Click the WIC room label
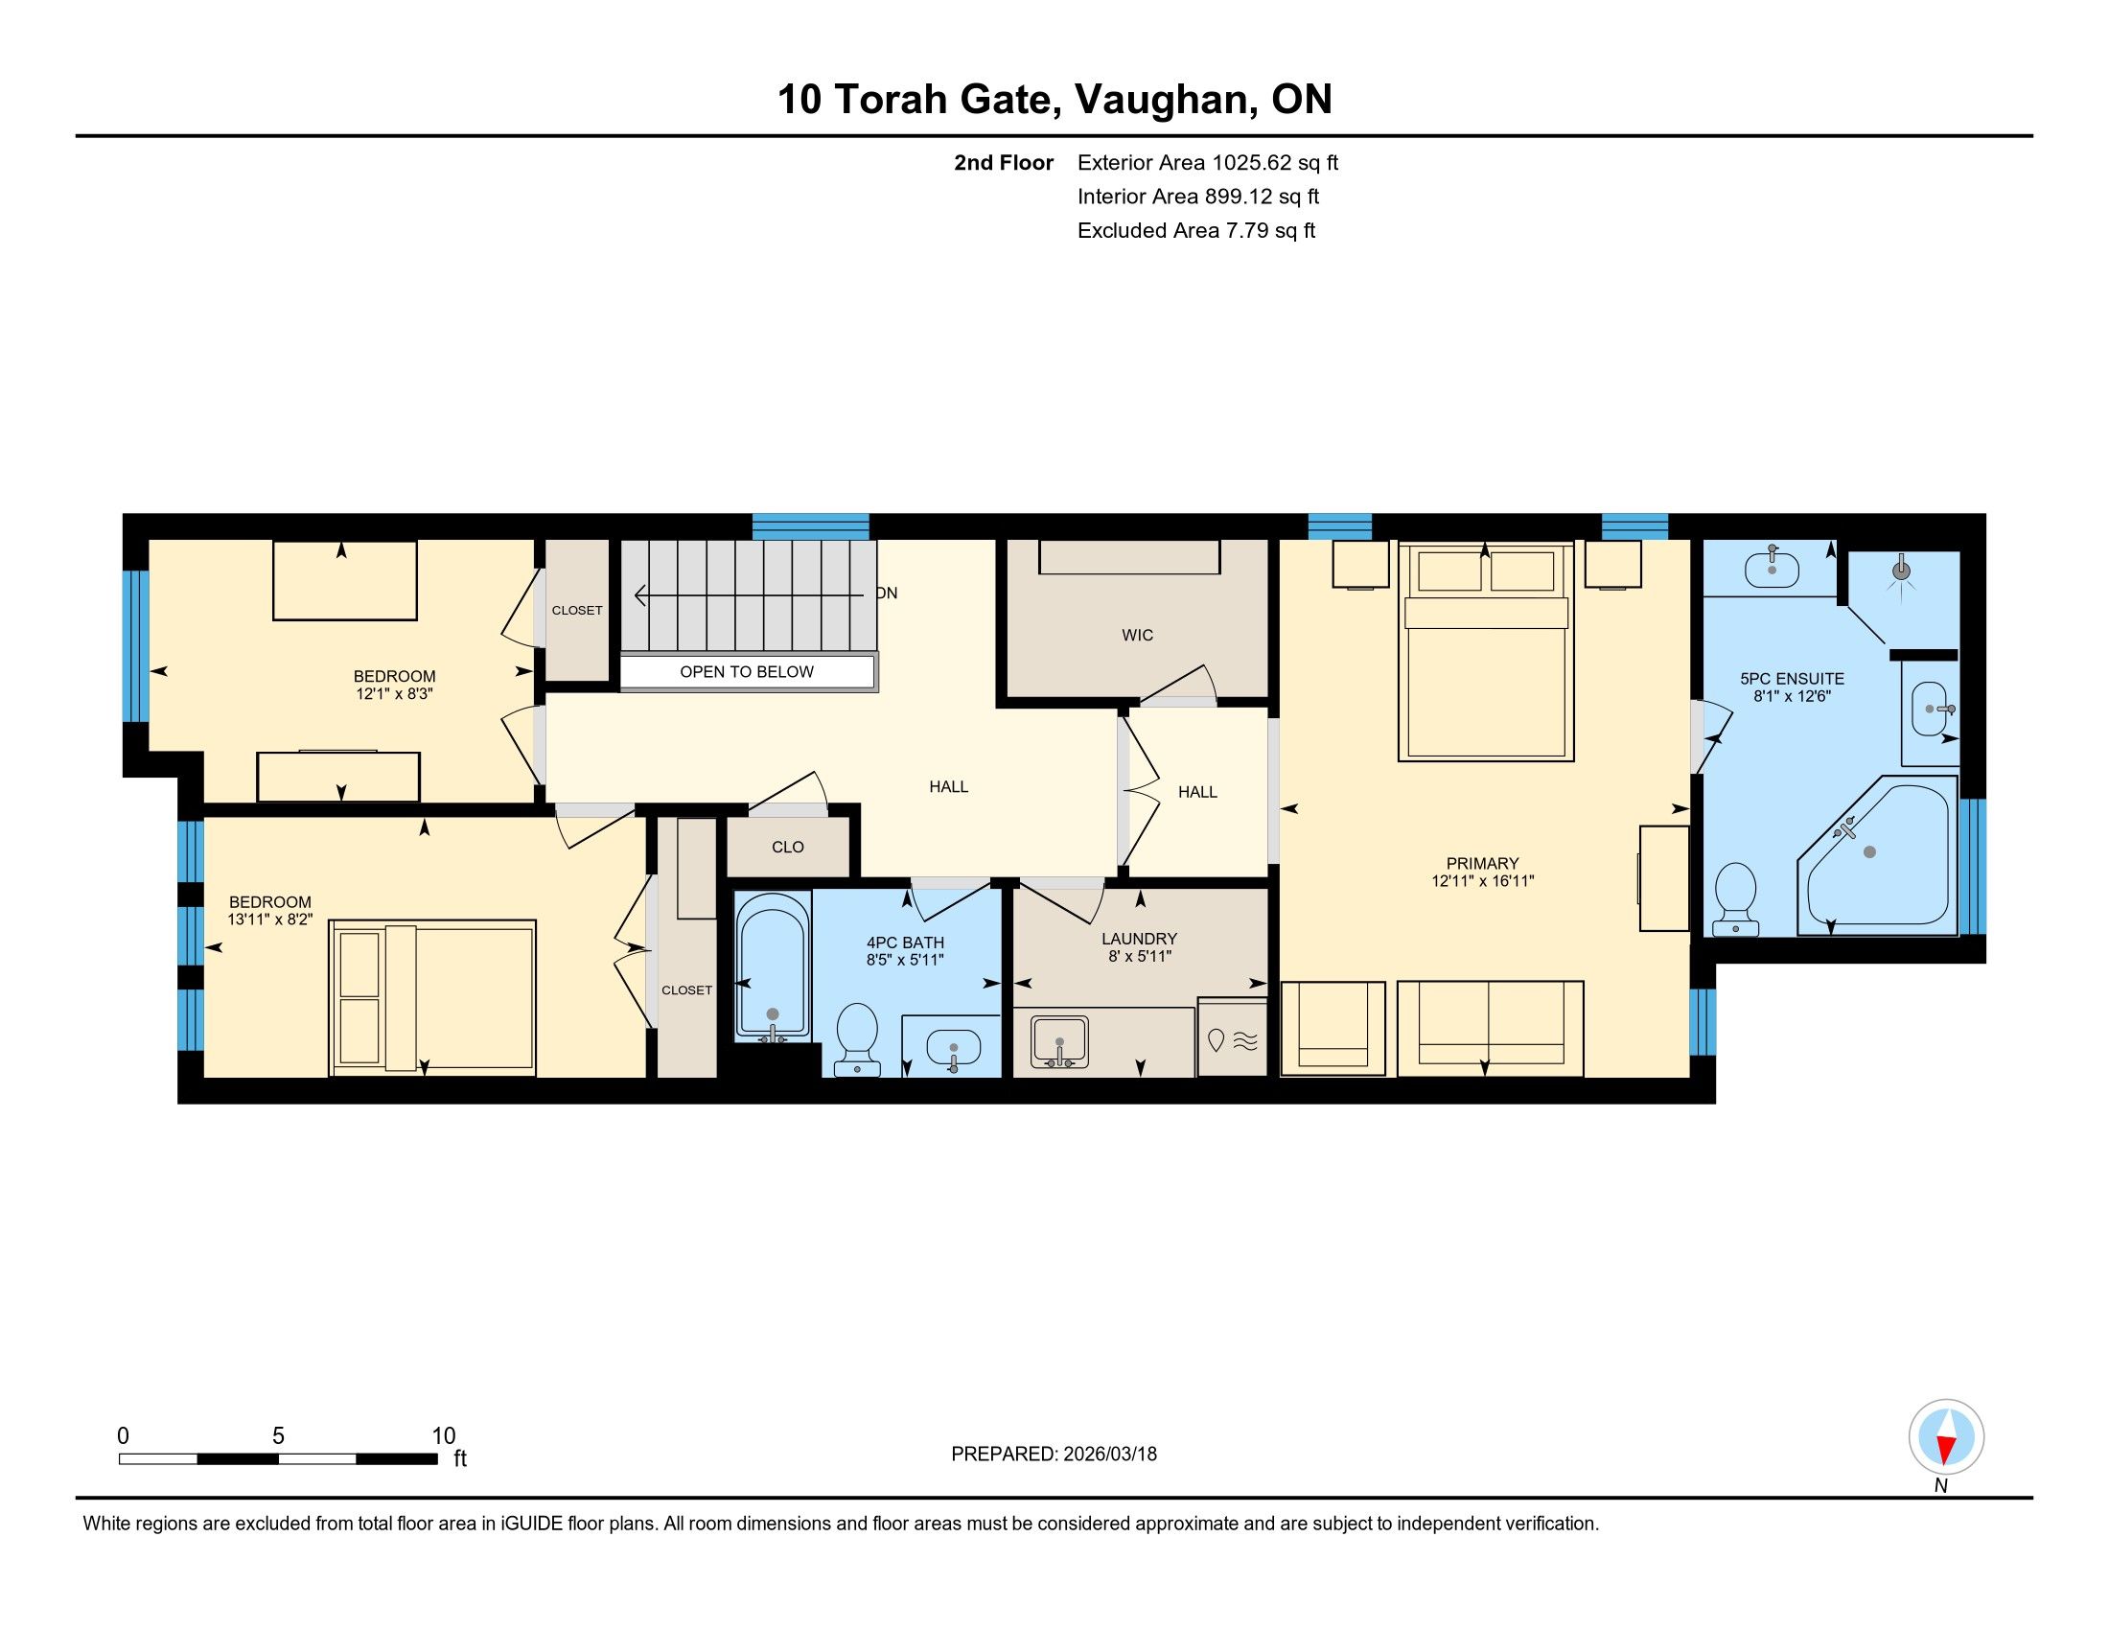tap(1137, 636)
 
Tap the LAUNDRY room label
tap(1140, 939)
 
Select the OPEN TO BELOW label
tap(747, 672)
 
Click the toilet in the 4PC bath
tap(856, 1039)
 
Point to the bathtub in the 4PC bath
tap(773, 966)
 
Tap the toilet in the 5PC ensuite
tap(1736, 899)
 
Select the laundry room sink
tap(1058, 1041)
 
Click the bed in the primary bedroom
tap(1486, 652)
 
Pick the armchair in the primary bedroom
tap(1333, 1029)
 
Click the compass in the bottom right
tap(1946, 1437)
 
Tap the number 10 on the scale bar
tap(443, 1436)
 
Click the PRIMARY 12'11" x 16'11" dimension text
tap(1483, 880)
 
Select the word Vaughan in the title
tap(1166, 100)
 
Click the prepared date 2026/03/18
tap(1109, 1455)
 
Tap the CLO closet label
tap(788, 847)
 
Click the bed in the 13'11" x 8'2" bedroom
tap(432, 997)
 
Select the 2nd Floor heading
tap(1004, 162)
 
